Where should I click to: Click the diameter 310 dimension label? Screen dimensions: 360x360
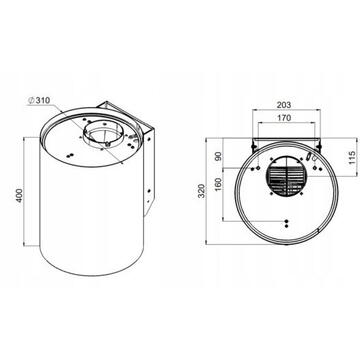[39, 100]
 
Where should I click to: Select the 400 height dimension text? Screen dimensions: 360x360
[20, 195]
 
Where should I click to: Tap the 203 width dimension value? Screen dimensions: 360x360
[284, 105]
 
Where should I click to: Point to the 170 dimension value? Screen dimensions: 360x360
[284, 118]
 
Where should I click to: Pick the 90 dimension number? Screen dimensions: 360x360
[218, 156]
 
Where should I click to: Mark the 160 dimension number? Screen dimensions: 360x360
[218, 183]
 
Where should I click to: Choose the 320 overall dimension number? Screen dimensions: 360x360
[202, 191]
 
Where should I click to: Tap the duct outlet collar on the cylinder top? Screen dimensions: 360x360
[104, 133]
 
